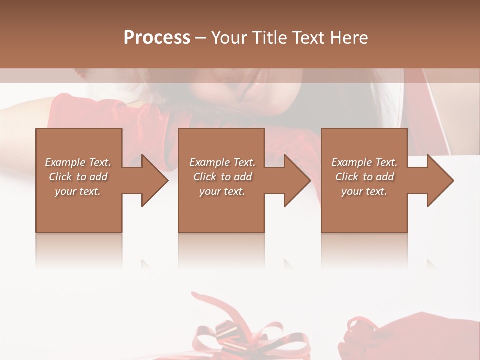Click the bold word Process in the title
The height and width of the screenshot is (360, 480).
[x=157, y=38]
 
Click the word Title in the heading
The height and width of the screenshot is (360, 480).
[x=268, y=38]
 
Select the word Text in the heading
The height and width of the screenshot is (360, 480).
[x=307, y=38]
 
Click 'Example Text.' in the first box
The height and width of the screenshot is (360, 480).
[x=78, y=162]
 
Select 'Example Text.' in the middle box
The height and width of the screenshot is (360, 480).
[x=222, y=162]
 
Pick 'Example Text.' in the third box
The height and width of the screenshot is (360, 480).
[x=364, y=162]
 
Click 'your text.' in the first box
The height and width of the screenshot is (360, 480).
[x=78, y=191]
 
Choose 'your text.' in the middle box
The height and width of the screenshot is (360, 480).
[x=222, y=191]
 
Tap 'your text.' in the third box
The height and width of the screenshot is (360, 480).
[x=364, y=191]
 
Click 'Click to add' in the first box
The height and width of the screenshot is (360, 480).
[x=78, y=177]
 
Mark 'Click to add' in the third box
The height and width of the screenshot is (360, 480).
[x=364, y=177]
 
